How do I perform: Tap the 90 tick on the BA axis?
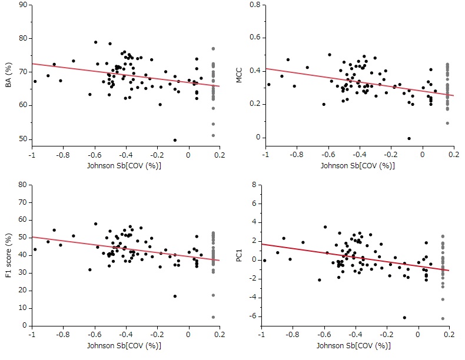(22, 5)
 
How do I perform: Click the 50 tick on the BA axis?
(22, 139)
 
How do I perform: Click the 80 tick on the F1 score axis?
(22, 184)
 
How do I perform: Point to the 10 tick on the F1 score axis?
(22, 308)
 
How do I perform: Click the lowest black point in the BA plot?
(175, 140)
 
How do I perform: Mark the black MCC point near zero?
(409, 138)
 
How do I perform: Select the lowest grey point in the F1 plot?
(213, 317)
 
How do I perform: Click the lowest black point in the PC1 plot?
(404, 318)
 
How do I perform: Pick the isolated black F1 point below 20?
(175, 296)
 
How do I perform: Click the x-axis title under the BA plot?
(125, 165)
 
